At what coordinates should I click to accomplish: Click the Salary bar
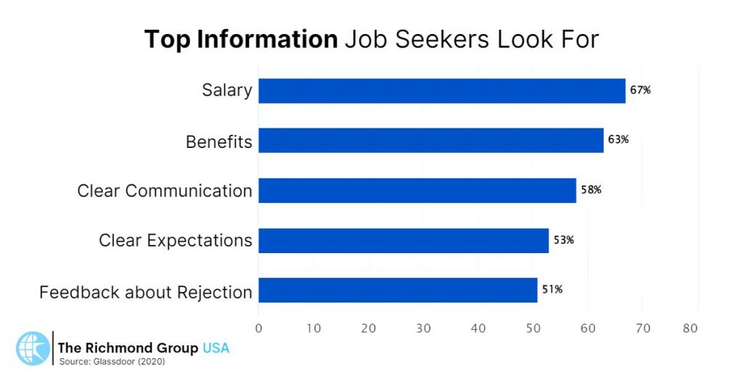click(441, 91)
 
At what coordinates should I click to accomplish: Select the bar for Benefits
click(430, 140)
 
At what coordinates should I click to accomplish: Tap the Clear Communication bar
click(416, 190)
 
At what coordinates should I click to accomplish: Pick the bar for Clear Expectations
click(403, 240)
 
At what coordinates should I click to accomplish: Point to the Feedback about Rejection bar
click(397, 289)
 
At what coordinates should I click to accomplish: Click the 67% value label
click(640, 91)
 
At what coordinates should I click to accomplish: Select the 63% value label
click(618, 140)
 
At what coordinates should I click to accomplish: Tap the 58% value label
click(591, 190)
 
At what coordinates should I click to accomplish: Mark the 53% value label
click(563, 240)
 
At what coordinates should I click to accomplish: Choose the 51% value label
click(551, 289)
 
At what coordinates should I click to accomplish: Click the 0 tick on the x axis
click(258, 328)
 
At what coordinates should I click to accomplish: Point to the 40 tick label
click(477, 328)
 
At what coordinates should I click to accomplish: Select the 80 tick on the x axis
click(690, 328)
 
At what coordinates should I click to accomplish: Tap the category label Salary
click(227, 91)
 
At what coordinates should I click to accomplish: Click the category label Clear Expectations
click(176, 240)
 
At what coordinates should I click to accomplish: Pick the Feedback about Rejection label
click(146, 292)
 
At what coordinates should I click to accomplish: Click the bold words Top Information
click(241, 39)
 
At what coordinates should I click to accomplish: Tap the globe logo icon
click(32, 348)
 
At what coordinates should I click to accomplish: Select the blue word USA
click(215, 348)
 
